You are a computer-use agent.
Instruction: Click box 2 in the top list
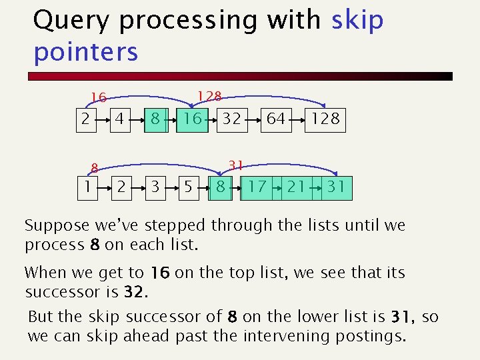pyautogui.click(x=84, y=119)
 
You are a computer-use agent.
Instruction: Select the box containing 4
pyautogui.click(x=119, y=119)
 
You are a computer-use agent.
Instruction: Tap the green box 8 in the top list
pyautogui.click(x=154, y=119)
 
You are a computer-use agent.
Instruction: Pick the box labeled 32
pyautogui.click(x=231, y=119)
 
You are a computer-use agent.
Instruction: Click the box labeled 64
pyautogui.click(x=275, y=119)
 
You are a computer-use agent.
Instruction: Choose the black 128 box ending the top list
pyautogui.click(x=325, y=119)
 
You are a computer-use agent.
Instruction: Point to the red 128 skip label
pyautogui.click(x=209, y=97)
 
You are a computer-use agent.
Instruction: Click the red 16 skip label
pyautogui.click(x=99, y=98)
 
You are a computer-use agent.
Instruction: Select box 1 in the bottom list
pyautogui.click(x=86, y=187)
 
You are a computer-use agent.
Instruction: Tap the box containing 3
pyautogui.click(x=155, y=187)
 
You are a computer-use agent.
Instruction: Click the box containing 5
pyautogui.click(x=189, y=187)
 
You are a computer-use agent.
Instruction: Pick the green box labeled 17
pyautogui.click(x=257, y=187)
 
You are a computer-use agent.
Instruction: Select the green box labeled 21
pyautogui.click(x=296, y=187)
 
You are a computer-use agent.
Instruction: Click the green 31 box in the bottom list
pyautogui.click(x=335, y=187)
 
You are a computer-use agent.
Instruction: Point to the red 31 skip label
pyautogui.click(x=235, y=165)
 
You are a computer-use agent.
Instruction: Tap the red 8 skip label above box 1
pyautogui.click(x=95, y=169)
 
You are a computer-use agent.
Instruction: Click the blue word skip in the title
pyautogui.click(x=357, y=21)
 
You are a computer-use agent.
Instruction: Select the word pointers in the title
pyautogui.click(x=85, y=51)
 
